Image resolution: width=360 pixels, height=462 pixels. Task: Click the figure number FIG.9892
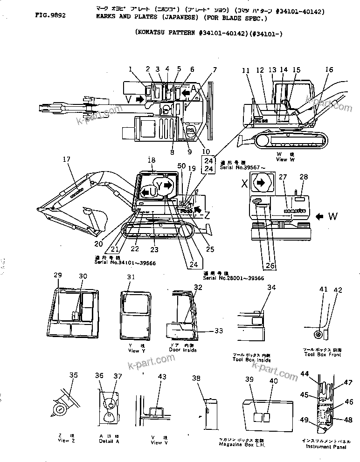click(x=50, y=15)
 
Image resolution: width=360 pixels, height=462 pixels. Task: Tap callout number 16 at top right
click(x=329, y=70)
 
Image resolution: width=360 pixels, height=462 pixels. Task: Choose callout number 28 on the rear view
click(x=304, y=177)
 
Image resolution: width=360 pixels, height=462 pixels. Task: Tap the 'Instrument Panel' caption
click(x=326, y=447)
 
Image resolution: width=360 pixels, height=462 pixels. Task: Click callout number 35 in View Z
click(x=73, y=375)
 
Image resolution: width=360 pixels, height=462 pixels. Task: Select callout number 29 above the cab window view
click(x=57, y=276)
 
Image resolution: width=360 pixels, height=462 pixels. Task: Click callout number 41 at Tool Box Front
click(x=324, y=290)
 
